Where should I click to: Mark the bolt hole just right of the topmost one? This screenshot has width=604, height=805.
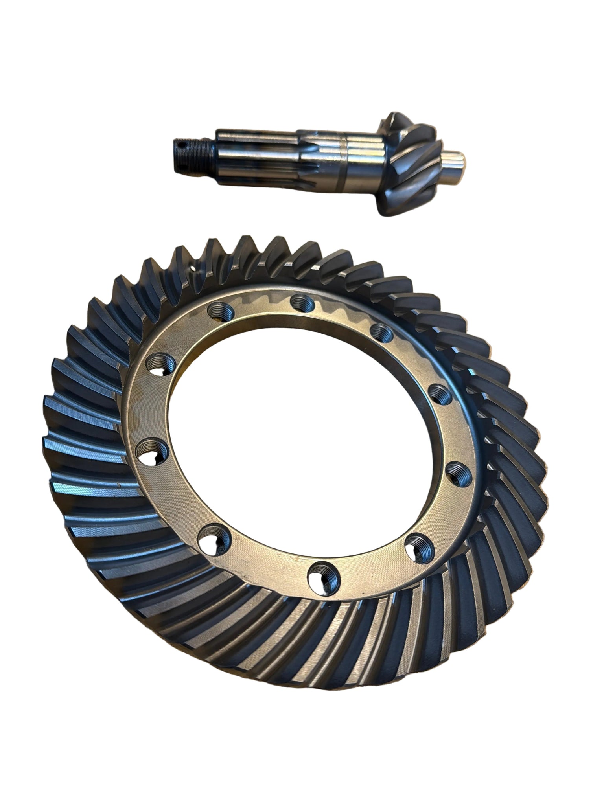coord(381,333)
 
